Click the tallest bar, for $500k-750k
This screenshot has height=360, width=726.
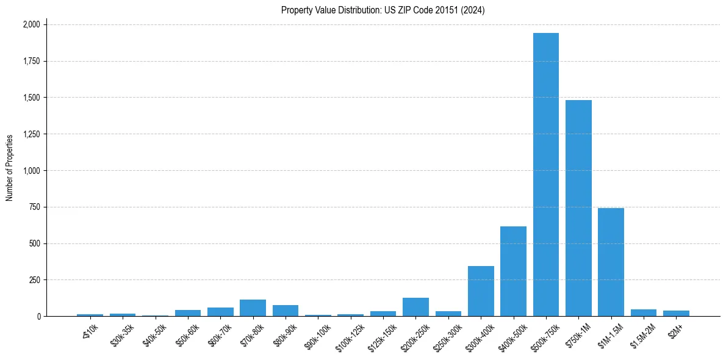[x=545, y=175]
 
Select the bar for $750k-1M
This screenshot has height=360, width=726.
[x=578, y=208]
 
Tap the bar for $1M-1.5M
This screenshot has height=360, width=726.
[x=611, y=262]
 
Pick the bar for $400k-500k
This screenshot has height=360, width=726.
[x=513, y=272]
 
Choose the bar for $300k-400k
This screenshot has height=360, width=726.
[x=481, y=291]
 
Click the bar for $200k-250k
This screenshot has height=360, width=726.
[x=415, y=307]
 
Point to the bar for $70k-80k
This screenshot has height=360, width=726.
[x=253, y=308]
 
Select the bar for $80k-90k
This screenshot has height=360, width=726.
[x=286, y=311]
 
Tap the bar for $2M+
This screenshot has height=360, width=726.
[x=676, y=314]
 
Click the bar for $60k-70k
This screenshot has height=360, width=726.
[x=220, y=312]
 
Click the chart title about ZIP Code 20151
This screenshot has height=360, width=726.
[x=383, y=10]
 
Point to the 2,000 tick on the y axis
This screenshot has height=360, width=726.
[x=31, y=24]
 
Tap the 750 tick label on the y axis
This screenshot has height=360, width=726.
[x=34, y=207]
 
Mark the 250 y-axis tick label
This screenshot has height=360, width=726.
[x=34, y=280]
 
